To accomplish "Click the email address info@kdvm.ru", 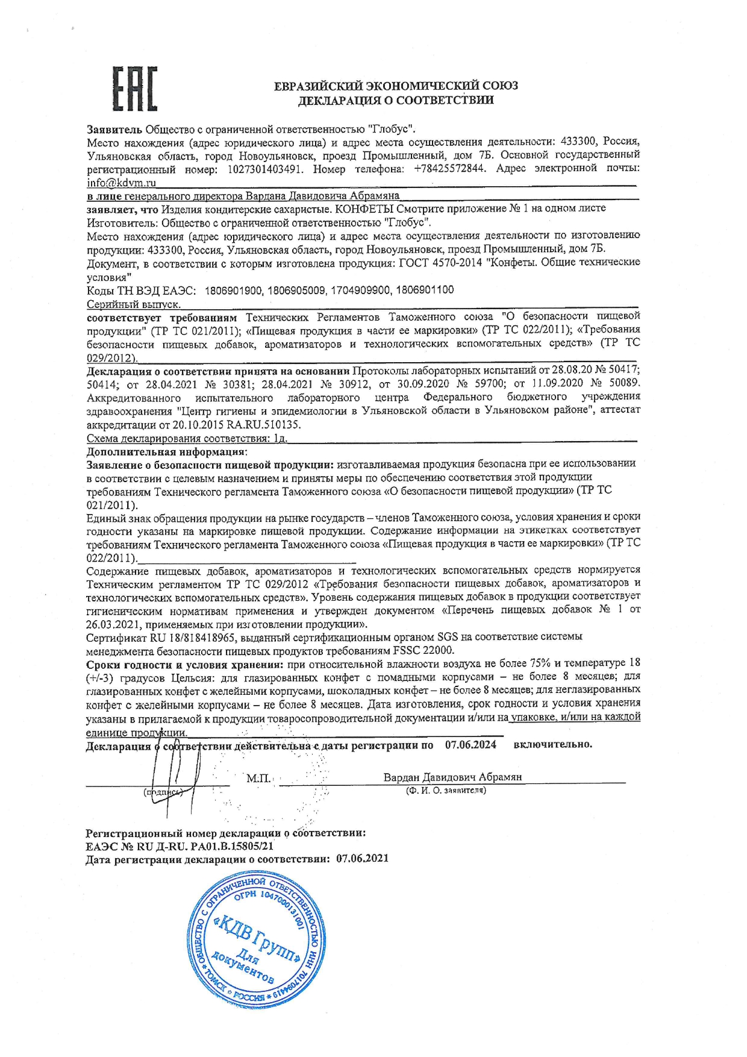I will [121, 182].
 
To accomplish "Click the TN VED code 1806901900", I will [234, 290].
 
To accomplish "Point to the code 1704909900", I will [360, 290].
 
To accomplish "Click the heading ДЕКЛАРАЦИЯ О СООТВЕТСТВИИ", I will [396, 100].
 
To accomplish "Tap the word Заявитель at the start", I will [114, 129].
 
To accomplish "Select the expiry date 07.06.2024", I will [470, 745].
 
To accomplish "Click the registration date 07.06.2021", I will [362, 858].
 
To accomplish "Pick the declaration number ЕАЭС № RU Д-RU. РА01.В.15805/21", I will [180, 845].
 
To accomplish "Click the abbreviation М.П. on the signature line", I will [258, 778].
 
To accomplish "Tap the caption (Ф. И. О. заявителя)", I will [446, 790].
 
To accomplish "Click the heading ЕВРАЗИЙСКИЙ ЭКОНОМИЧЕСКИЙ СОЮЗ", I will [396, 86].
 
